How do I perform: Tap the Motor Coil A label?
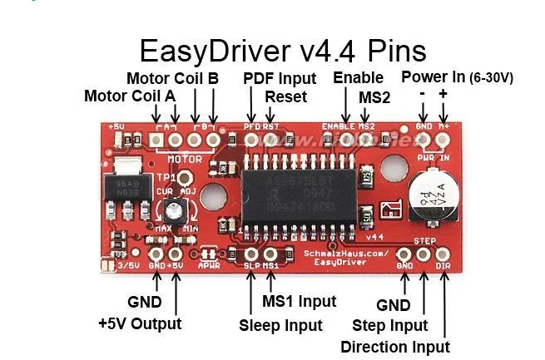click(x=130, y=96)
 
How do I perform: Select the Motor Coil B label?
click(x=172, y=78)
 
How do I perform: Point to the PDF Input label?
click(x=280, y=78)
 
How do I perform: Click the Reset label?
click(x=285, y=96)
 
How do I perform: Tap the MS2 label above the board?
click(x=375, y=96)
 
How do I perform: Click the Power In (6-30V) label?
click(x=457, y=77)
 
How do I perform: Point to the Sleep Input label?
click(x=281, y=325)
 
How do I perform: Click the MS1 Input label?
click(x=300, y=301)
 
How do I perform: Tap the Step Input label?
click(x=389, y=325)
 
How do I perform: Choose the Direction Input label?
click(x=395, y=347)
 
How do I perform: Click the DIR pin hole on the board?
click(x=443, y=254)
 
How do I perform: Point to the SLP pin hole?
click(x=252, y=254)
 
